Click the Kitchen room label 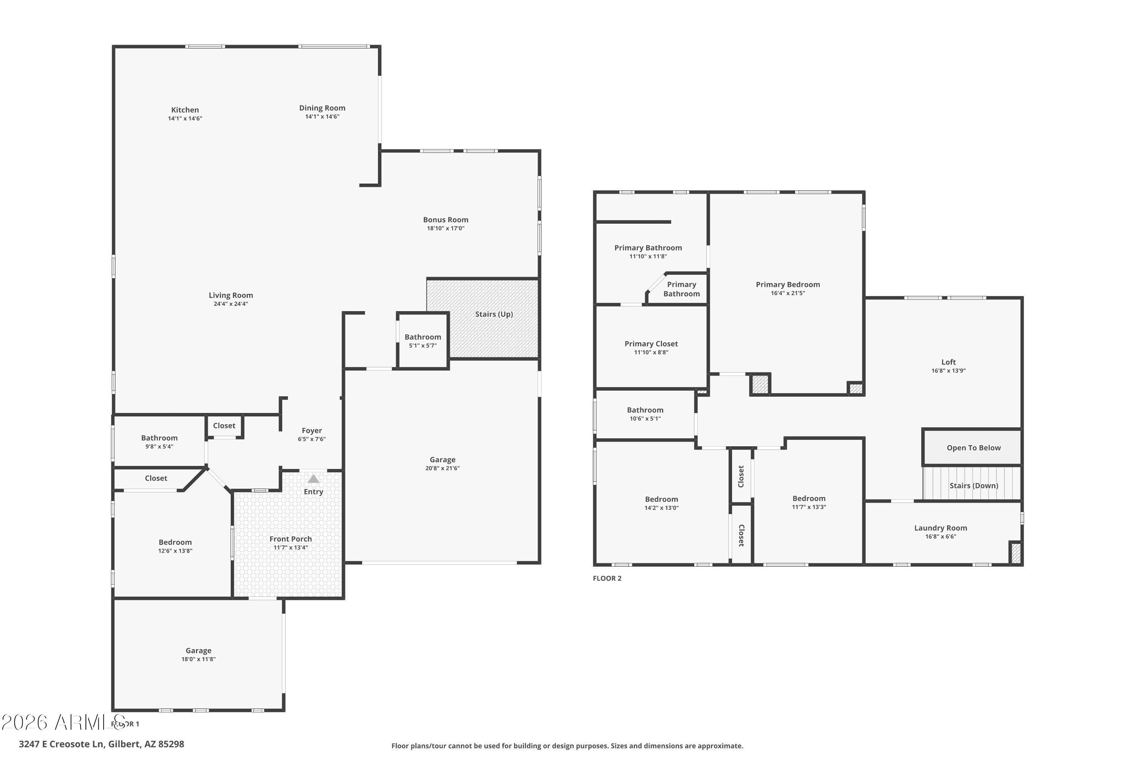tap(185, 110)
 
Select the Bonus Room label tap(445, 220)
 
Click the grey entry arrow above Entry tap(313, 479)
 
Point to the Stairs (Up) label tap(494, 314)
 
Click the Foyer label tap(311, 431)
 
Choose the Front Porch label tap(291, 539)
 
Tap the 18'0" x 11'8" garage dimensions tap(198, 659)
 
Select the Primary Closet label tap(651, 344)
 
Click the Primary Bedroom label tap(788, 285)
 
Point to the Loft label tap(948, 362)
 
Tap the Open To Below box tap(973, 447)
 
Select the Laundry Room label tap(940, 528)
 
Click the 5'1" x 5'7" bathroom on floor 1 tap(423, 341)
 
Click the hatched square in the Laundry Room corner tap(1015, 553)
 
